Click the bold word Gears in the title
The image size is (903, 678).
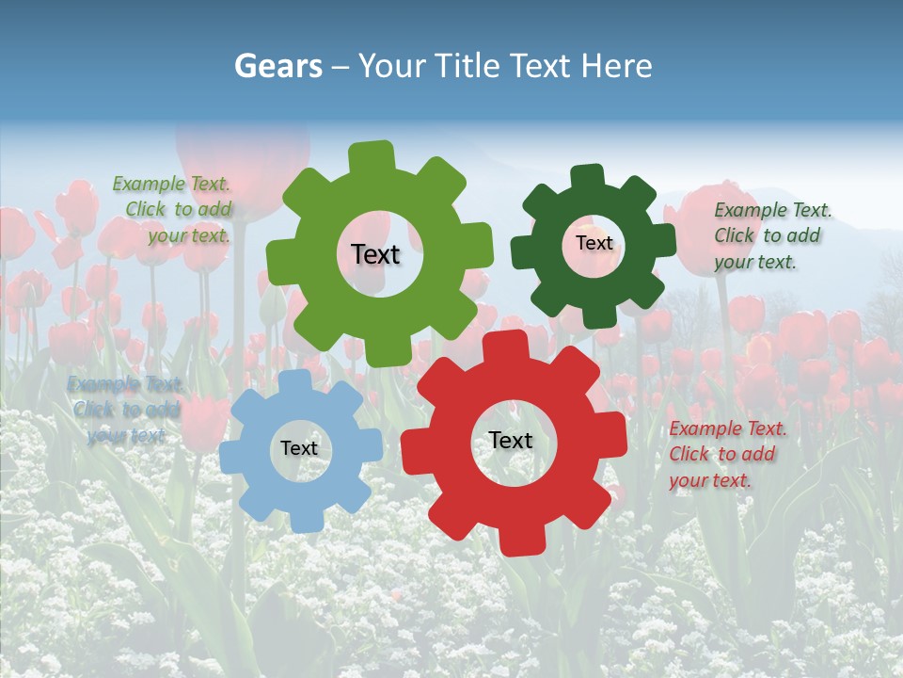pos(277,66)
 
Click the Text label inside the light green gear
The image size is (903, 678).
pos(375,254)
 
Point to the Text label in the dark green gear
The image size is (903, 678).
pos(594,243)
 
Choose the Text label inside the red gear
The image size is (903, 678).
pos(511,440)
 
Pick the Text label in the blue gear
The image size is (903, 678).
pos(299,448)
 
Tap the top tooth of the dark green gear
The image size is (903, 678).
pos(588,177)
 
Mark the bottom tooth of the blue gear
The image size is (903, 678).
pos(303,520)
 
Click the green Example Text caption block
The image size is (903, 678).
pos(172,210)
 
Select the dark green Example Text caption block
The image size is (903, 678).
pos(772,236)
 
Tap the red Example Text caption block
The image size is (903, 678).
pos(727,455)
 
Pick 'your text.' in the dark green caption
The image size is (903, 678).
pos(754,263)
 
